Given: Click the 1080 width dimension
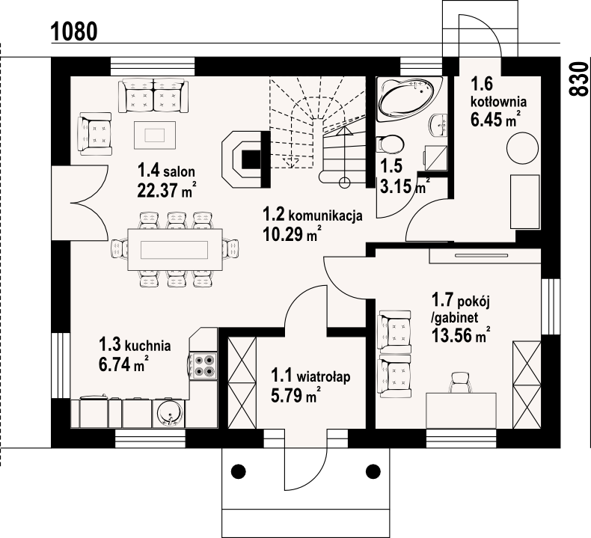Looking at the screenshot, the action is tap(74, 31).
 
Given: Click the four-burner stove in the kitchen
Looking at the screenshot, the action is tap(203, 366).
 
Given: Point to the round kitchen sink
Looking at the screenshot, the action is tap(170, 414).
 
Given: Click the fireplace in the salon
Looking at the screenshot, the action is tap(245, 159).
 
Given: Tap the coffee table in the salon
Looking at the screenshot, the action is tap(155, 135).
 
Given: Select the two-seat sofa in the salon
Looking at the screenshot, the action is tap(153, 96).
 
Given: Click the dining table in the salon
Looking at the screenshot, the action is tap(174, 249).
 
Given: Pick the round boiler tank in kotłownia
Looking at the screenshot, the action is tap(522, 148).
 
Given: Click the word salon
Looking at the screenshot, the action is tap(180, 172).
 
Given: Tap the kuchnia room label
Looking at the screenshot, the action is tap(135, 345).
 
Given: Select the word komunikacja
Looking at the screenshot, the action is tap(325, 216).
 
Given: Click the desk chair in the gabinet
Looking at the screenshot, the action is tap(460, 382).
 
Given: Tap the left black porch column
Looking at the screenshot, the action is tap(238, 471).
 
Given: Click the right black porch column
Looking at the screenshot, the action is tap(373, 471).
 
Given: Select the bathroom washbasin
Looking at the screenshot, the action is tap(438, 124).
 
